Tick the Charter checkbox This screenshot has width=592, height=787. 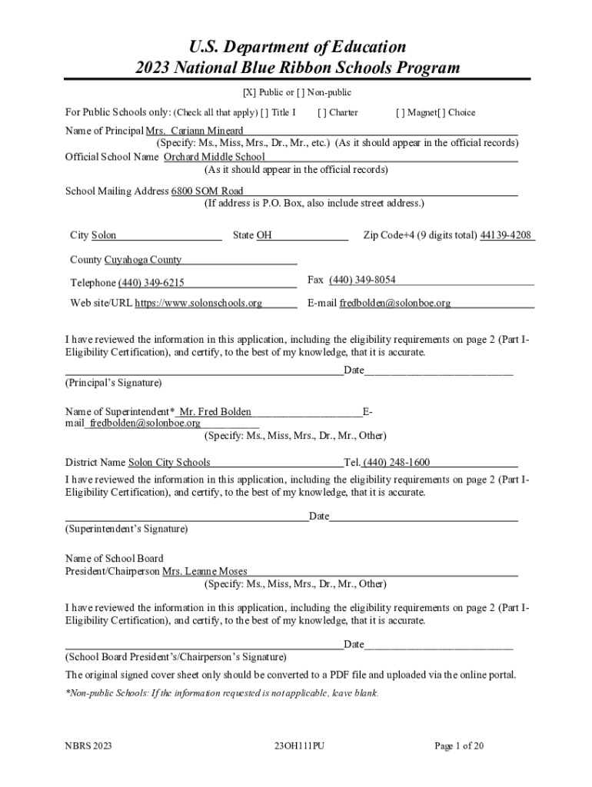(x=321, y=112)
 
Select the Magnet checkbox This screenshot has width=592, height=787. (x=400, y=112)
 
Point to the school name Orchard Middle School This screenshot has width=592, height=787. (x=215, y=157)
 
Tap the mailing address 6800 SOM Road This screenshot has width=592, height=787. (x=208, y=191)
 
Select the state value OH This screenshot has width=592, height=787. (x=264, y=235)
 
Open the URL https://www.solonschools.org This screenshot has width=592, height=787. (x=198, y=303)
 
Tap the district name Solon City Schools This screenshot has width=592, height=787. (x=169, y=463)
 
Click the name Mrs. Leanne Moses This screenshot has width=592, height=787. (x=205, y=571)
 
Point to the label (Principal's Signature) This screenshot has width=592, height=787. (x=113, y=383)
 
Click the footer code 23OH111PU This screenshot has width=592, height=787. (x=299, y=745)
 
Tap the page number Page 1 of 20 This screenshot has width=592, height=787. (x=459, y=745)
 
